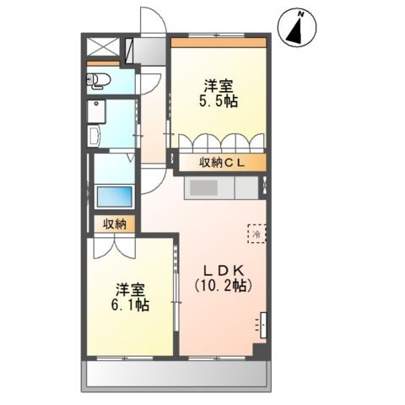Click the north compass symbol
(x=297, y=28)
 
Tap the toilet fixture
(x=97, y=81)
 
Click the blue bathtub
(x=115, y=197)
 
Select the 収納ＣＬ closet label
(x=222, y=163)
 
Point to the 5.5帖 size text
(x=219, y=101)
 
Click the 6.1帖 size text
(x=130, y=305)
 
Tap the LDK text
(x=223, y=271)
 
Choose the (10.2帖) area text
(x=223, y=286)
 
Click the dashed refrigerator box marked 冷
(x=256, y=234)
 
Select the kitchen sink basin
(x=203, y=188)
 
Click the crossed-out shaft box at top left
(x=103, y=46)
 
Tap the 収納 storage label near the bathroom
(x=115, y=224)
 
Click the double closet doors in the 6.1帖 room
(x=115, y=248)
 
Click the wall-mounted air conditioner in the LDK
(x=263, y=325)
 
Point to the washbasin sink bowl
(x=94, y=136)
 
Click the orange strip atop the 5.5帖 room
(x=219, y=42)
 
